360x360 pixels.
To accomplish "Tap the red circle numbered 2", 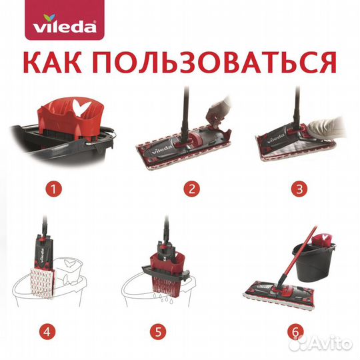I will tap(191, 189).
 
